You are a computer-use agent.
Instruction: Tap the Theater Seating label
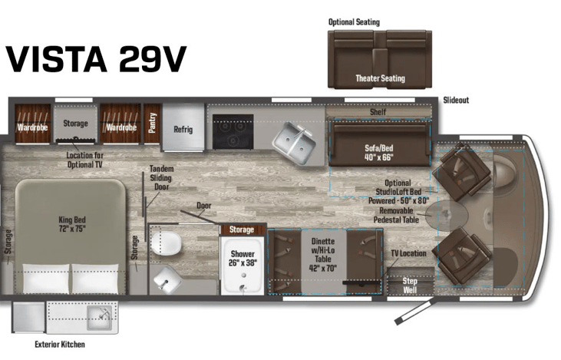pyautogui.click(x=380, y=78)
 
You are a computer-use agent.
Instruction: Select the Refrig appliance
pyautogui.click(x=182, y=130)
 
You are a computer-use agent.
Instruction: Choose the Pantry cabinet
pyautogui.click(x=152, y=124)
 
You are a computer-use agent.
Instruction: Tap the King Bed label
pyautogui.click(x=71, y=224)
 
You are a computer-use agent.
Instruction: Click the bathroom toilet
pyautogui.click(x=170, y=245)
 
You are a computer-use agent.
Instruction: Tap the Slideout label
pyautogui.click(x=456, y=101)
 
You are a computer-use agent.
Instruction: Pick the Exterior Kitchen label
pyautogui.click(x=60, y=345)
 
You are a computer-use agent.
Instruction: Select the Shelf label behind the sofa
pyautogui.click(x=378, y=111)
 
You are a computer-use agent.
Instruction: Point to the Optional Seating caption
pyautogui.click(x=354, y=22)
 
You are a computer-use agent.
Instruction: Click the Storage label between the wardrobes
pyautogui.click(x=75, y=123)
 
